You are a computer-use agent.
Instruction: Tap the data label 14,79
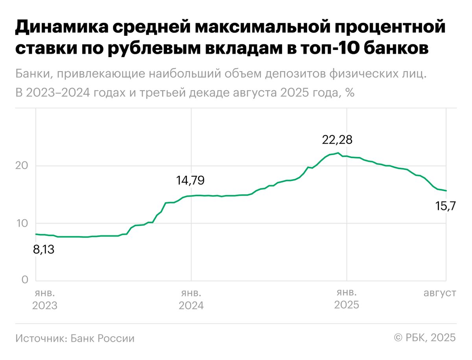(191, 181)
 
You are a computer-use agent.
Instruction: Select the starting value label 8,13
(43, 249)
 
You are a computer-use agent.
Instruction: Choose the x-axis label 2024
(191, 306)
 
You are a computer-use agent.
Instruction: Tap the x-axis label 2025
(347, 306)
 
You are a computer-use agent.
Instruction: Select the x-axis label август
(440, 294)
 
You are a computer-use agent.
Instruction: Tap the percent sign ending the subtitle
(350, 93)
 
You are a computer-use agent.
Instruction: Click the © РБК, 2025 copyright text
(425, 338)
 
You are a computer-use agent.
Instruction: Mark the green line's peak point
(338, 153)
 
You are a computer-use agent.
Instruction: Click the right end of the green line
(446, 191)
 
